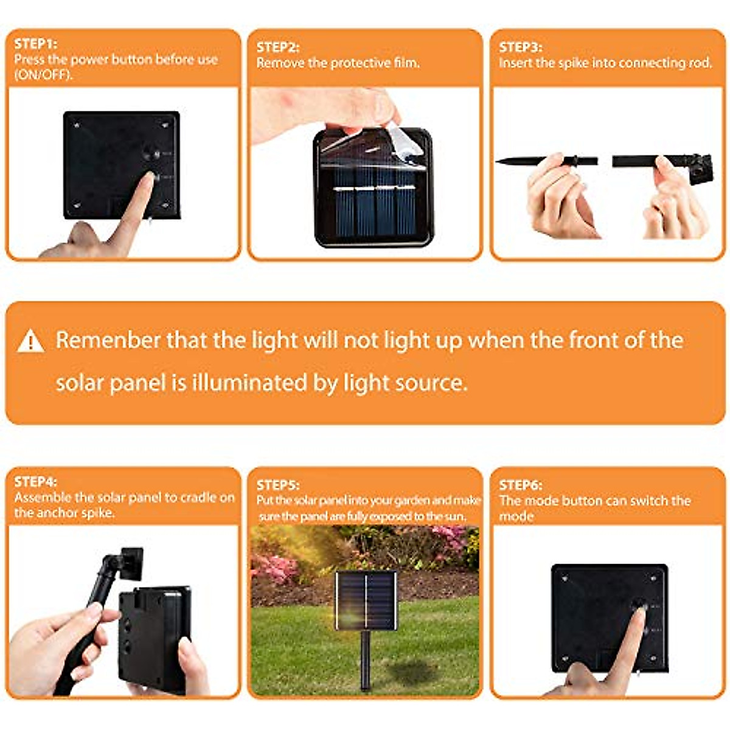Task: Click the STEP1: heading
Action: [35, 44]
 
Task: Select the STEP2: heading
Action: [277, 47]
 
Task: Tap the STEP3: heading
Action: [520, 47]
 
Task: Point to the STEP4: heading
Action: [35, 482]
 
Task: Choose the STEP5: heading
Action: [277, 485]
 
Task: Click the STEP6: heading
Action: [520, 485]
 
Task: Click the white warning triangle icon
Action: [30, 342]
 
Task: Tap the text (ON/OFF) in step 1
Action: [43, 75]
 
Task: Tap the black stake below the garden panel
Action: [365, 660]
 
